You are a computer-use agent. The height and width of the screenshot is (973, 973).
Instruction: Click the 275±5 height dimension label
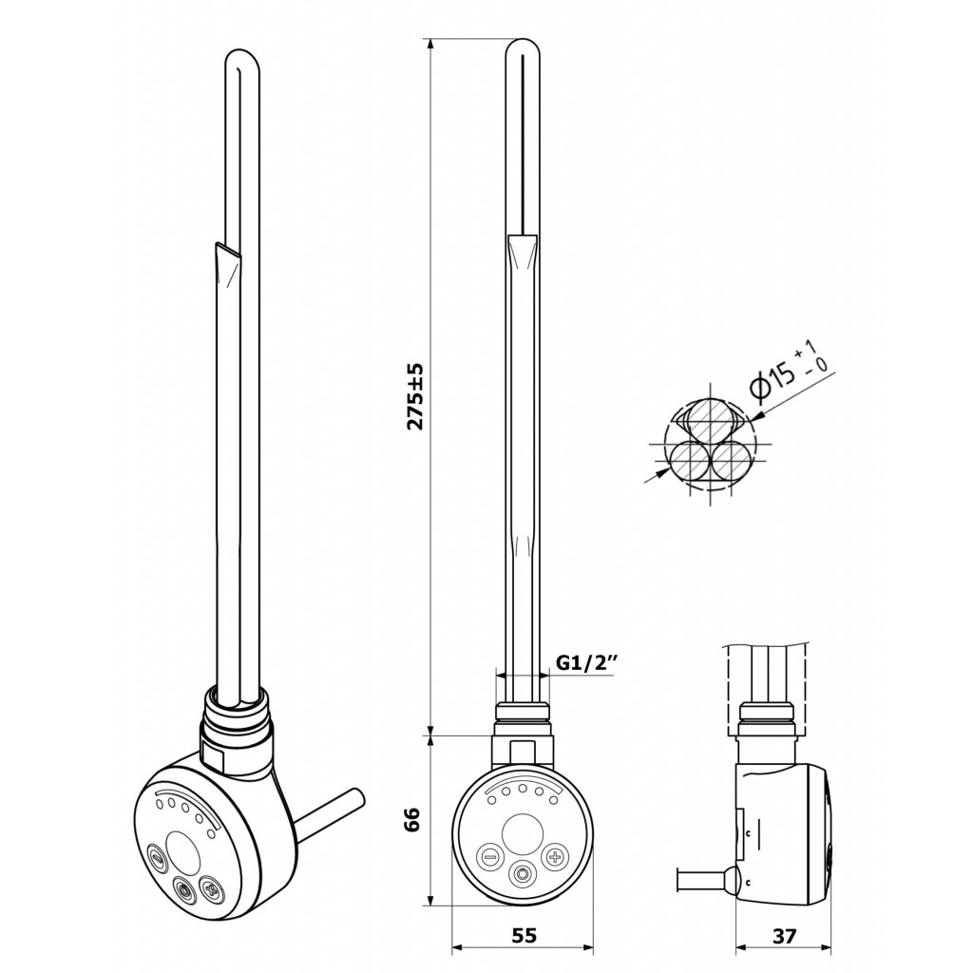click(414, 396)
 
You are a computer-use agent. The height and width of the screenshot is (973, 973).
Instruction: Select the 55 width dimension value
click(524, 935)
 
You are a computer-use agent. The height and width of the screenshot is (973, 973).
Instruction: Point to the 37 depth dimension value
click(784, 935)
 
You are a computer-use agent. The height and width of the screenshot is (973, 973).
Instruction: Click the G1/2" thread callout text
click(584, 663)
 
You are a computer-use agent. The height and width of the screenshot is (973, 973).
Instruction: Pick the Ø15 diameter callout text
click(788, 369)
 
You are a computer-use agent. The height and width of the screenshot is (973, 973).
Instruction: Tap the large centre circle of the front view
click(522, 832)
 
